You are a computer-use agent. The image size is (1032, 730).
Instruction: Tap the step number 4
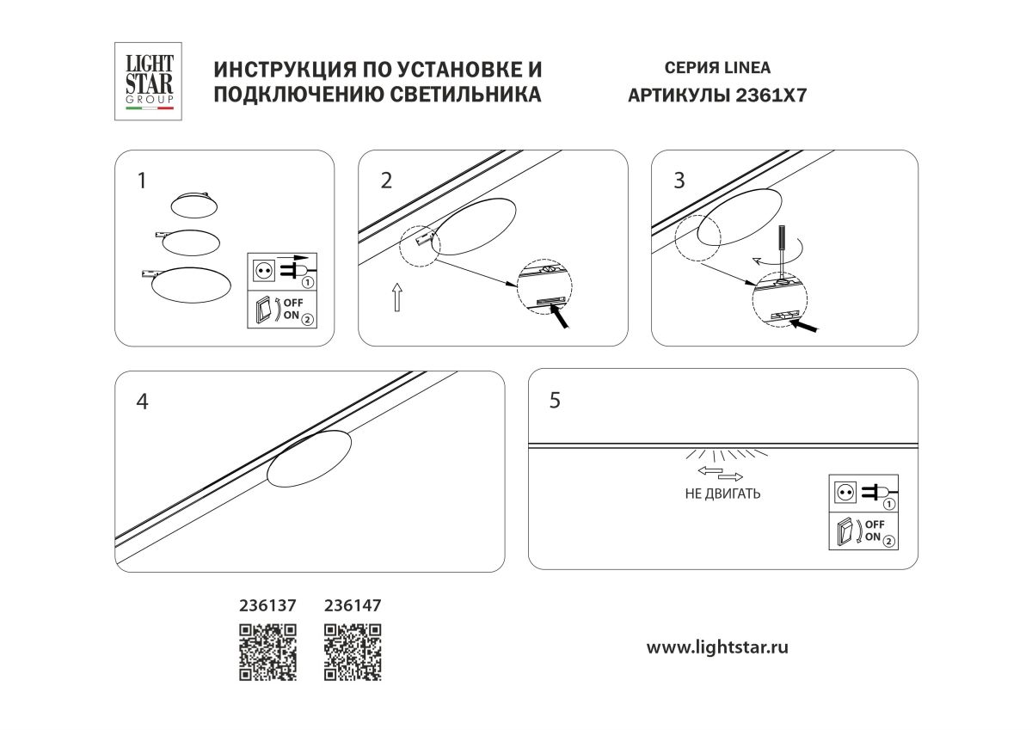[143, 402]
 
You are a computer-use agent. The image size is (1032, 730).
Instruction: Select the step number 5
[555, 400]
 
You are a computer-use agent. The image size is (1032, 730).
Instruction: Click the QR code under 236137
[267, 652]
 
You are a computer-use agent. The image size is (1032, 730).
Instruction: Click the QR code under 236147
[353, 652]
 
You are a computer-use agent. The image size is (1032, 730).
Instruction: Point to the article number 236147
[353, 605]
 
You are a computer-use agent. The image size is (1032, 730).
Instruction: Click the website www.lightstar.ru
[717, 647]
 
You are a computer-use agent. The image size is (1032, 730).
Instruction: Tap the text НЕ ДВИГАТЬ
[722, 494]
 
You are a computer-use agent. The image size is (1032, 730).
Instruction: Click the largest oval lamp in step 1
[191, 285]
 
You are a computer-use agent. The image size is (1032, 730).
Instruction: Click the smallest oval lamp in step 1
[194, 204]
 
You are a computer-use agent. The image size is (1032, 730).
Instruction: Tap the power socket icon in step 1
[263, 270]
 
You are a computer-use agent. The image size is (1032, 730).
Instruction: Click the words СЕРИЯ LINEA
[718, 68]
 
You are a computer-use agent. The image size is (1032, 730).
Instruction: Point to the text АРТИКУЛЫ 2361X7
[718, 95]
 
